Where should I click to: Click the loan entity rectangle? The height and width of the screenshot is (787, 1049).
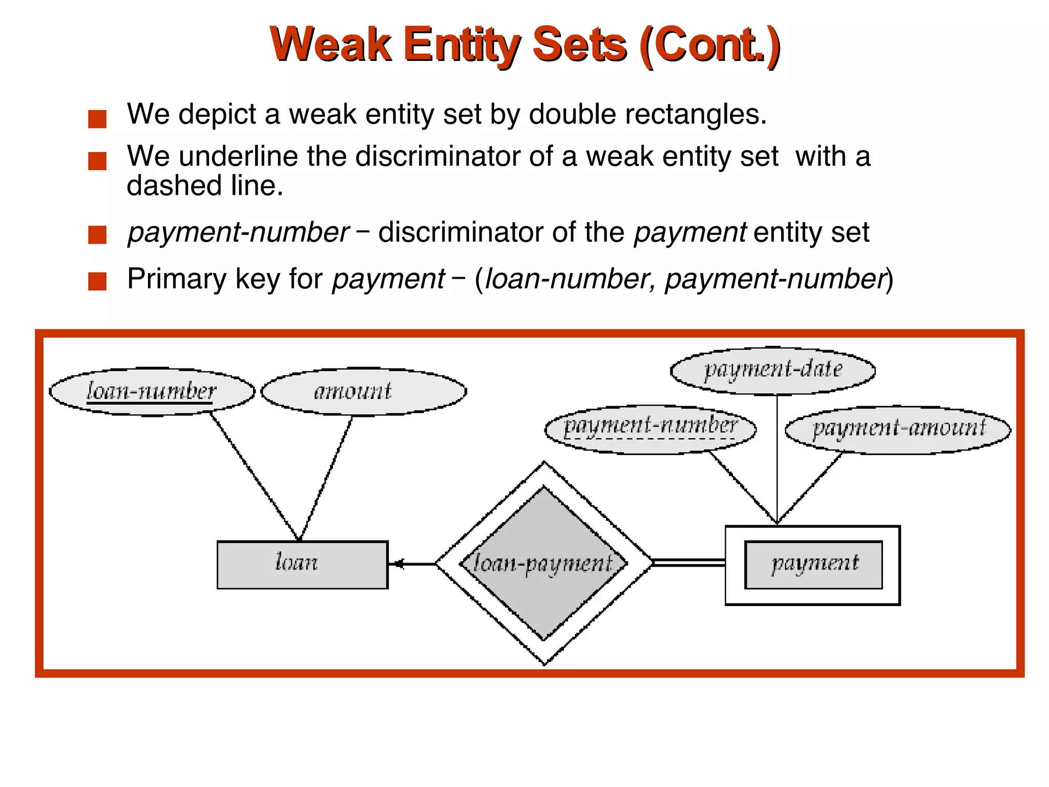pos(302,565)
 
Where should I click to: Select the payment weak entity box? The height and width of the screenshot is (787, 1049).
pos(813,565)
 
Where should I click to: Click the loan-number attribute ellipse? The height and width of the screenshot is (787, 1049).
pos(152,392)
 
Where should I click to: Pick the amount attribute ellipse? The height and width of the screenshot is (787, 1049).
pos(364,392)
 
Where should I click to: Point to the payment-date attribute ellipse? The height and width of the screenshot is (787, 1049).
pos(772,370)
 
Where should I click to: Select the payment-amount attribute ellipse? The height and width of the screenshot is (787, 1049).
pos(898,429)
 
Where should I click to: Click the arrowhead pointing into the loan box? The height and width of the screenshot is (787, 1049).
pos(397,564)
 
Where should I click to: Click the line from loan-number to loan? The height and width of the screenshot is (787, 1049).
pos(255,477)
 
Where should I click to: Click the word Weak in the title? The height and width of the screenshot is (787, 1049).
pos(331,45)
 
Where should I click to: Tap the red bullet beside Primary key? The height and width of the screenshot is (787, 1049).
pos(97,281)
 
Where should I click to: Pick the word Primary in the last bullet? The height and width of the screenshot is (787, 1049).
pos(178,279)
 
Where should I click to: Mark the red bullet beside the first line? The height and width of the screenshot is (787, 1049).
pos(97,119)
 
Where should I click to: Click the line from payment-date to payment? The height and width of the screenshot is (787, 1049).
pos(777,461)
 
